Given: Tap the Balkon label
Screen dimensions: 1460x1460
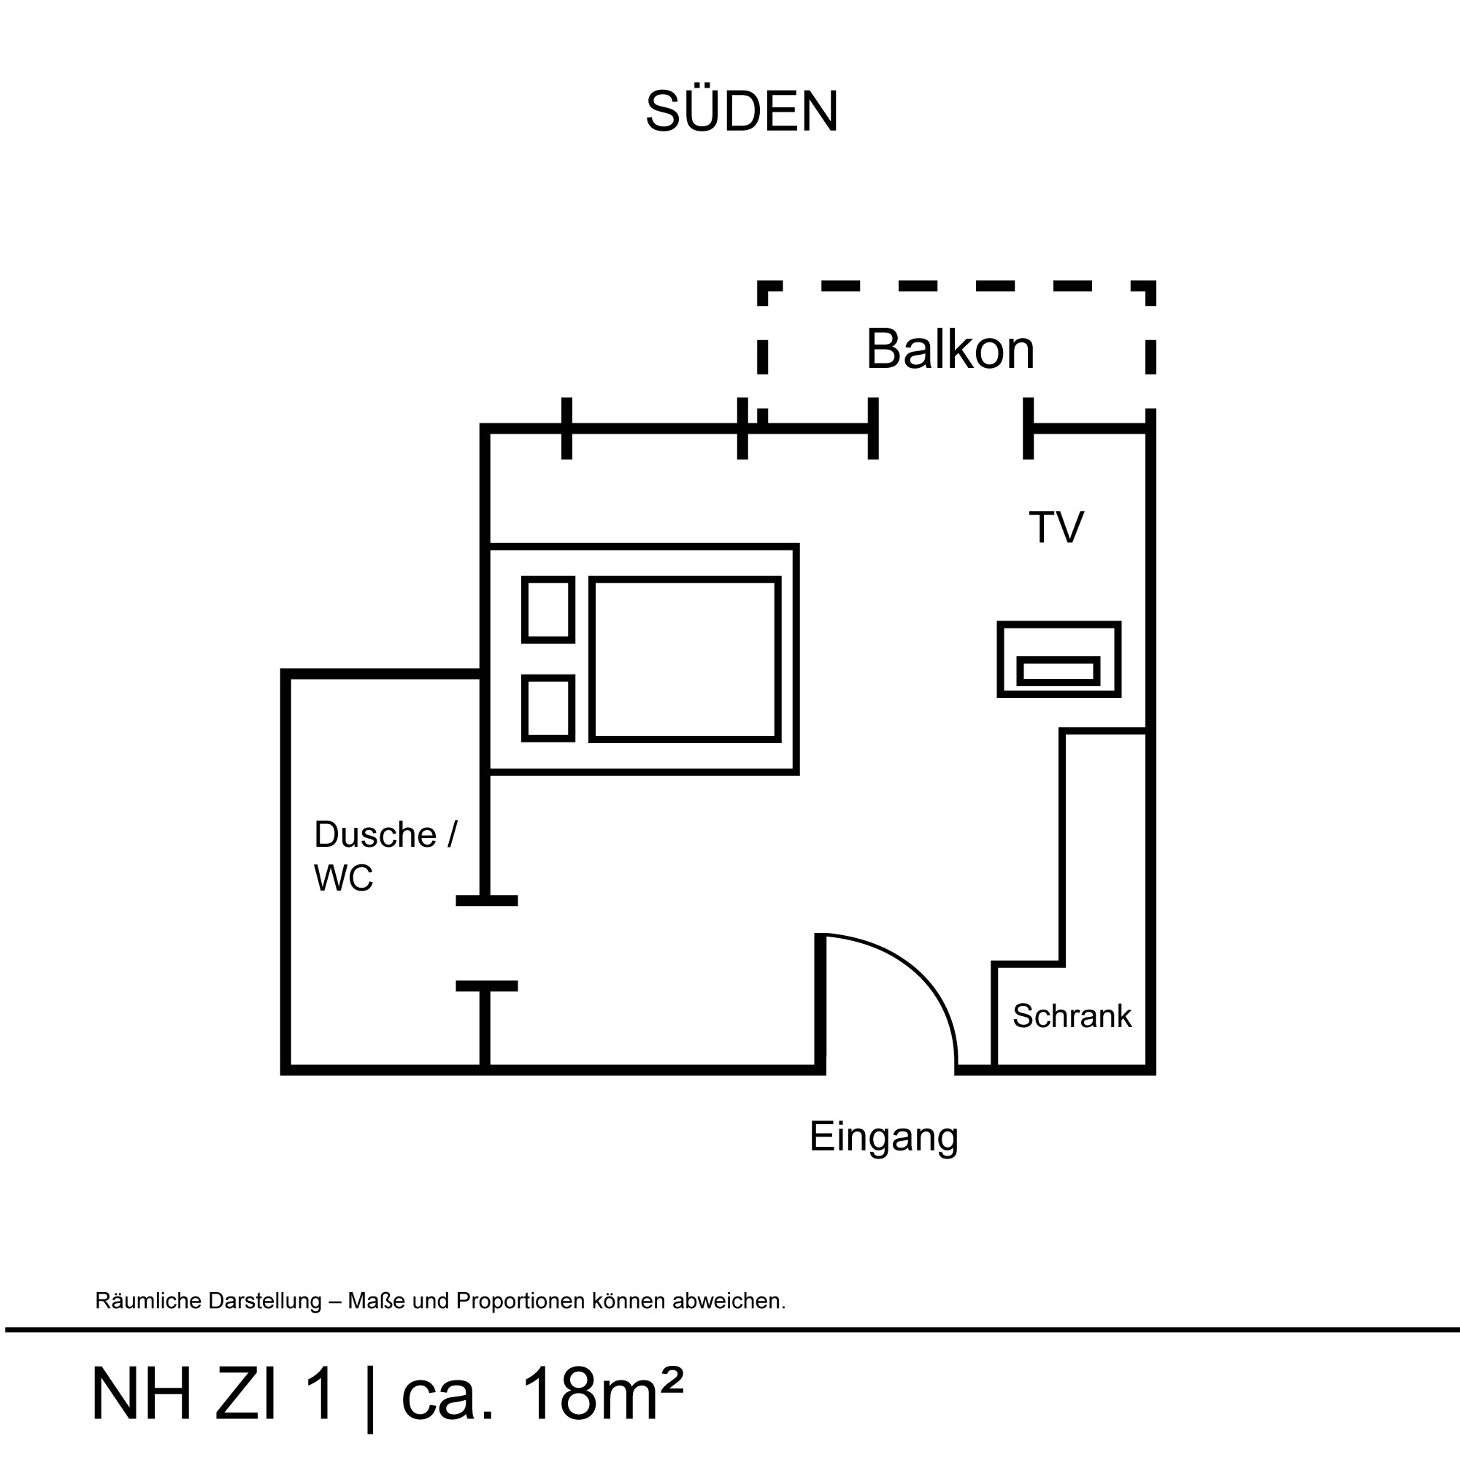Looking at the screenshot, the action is (x=950, y=349).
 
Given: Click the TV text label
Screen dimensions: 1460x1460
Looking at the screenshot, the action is (x=1056, y=527).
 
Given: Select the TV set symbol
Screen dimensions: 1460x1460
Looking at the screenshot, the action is (x=1058, y=659).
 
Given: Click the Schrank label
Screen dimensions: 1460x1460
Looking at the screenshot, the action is (x=1072, y=1016).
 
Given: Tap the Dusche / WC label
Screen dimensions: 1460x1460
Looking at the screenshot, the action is (x=385, y=856).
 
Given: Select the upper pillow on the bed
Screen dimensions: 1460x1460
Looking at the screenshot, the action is (x=548, y=609).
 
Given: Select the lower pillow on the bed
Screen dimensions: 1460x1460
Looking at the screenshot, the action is (x=548, y=708).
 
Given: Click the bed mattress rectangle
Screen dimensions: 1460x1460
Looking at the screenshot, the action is (x=685, y=659).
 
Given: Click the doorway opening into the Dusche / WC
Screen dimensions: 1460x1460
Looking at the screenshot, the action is (x=486, y=943).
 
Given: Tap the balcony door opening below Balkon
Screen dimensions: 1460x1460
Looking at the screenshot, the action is (x=950, y=429).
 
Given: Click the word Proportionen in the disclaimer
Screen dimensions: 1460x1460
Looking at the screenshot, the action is (x=520, y=1302).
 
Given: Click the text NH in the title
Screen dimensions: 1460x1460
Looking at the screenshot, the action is (x=142, y=1394).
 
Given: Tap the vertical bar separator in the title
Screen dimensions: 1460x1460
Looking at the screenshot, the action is (x=369, y=1397).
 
